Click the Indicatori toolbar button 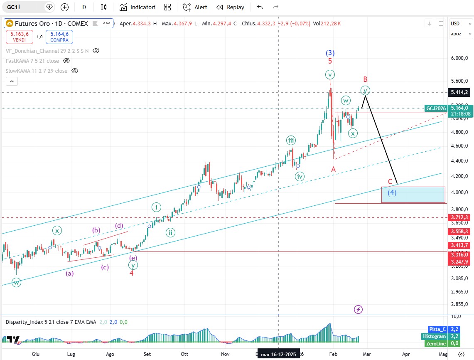138,7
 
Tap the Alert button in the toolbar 195,7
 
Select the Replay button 231,7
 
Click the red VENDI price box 17,37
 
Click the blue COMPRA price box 59,37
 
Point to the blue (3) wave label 330,53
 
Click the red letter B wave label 365,79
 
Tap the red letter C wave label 390,182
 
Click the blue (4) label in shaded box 392,192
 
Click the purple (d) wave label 119,226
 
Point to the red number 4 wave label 131,273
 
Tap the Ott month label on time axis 185,354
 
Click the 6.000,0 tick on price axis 459,58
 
